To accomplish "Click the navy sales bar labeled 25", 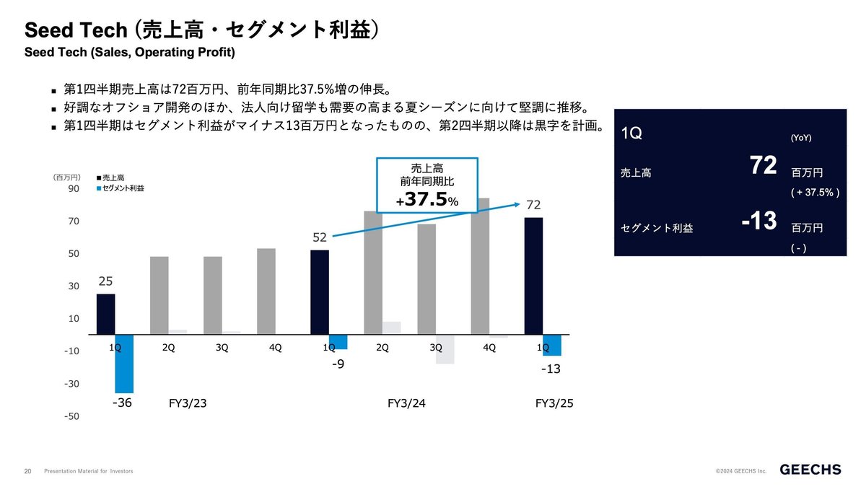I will click(x=106, y=314).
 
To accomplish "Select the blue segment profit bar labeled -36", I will click(x=124, y=364).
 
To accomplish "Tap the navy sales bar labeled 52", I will click(x=320, y=292).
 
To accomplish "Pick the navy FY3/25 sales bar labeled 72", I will click(x=533, y=276).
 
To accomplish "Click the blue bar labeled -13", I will click(x=552, y=345).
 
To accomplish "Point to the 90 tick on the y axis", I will click(x=74, y=189).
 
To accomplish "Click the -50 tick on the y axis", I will click(x=72, y=416).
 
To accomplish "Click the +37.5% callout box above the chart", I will click(x=427, y=184).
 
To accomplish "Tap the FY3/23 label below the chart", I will click(x=188, y=403).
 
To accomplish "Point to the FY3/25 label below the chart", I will click(x=554, y=403).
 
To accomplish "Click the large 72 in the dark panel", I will click(x=762, y=166).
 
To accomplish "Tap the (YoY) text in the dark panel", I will click(x=801, y=138).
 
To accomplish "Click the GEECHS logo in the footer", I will click(x=810, y=470).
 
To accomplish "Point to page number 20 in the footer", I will click(x=28, y=471).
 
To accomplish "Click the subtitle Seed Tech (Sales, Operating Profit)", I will click(x=130, y=53).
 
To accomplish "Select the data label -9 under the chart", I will click(x=338, y=365).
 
